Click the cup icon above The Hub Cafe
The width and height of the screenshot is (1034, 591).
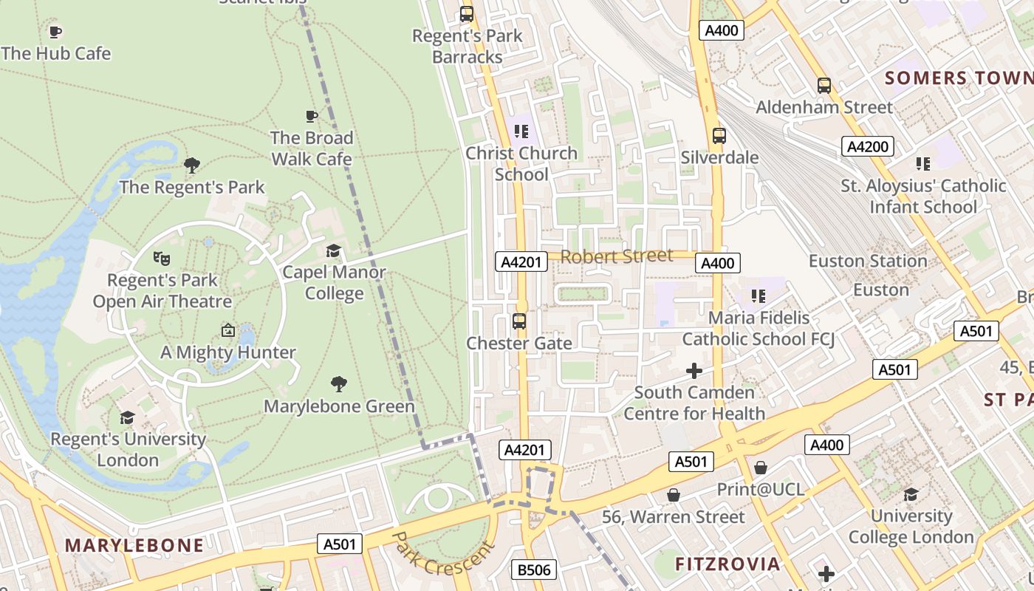[x=55, y=32]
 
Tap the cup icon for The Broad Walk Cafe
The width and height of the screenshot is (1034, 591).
[x=312, y=116]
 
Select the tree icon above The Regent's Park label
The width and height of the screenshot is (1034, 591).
[x=192, y=165]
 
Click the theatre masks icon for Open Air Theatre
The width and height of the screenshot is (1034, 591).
[x=162, y=258]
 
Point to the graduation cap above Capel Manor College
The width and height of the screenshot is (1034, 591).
[x=334, y=250]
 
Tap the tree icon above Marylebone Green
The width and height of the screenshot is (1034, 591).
[x=339, y=383]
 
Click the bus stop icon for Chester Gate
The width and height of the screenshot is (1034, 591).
[x=519, y=321]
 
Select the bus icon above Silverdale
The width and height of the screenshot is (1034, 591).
[x=719, y=136]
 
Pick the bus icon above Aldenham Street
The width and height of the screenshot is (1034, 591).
[x=824, y=85]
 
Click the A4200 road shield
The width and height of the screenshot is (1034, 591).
[x=868, y=146]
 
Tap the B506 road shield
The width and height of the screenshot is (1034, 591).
[x=534, y=570]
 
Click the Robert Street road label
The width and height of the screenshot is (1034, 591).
[x=617, y=256]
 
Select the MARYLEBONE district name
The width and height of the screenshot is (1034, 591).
[x=134, y=545]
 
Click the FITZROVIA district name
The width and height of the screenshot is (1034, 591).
[x=727, y=564]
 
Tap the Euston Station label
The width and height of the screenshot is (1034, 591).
[x=868, y=261]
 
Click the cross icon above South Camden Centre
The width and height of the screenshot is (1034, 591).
[x=694, y=370]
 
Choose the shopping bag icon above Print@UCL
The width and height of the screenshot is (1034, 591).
[x=761, y=468]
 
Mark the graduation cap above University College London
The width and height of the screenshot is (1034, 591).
[x=911, y=493]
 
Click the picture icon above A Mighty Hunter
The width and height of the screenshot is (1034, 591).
[x=228, y=330]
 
